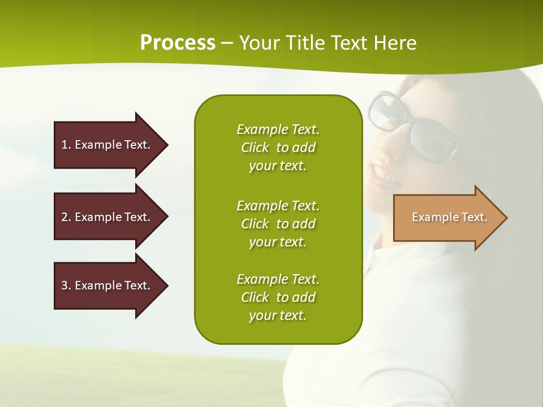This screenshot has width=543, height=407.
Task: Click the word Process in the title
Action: click(178, 43)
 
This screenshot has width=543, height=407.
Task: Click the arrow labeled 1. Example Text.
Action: click(107, 145)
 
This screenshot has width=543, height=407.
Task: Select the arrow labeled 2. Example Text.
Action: click(107, 217)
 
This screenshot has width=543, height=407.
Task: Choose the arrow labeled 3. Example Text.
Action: click(107, 285)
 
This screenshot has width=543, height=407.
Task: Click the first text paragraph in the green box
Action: click(278, 148)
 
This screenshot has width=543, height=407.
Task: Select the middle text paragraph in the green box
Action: click(278, 224)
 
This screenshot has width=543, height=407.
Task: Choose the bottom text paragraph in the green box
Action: click(278, 297)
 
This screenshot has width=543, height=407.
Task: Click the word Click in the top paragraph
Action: click(255, 148)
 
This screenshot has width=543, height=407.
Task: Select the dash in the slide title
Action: click(227, 43)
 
